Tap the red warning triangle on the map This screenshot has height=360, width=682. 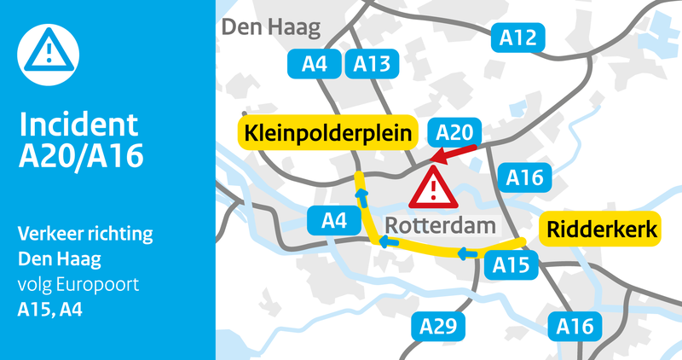pyautogui.click(x=434, y=187)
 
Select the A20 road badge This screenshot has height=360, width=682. pyautogui.click(x=454, y=132)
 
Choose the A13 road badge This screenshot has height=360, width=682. pyautogui.click(x=372, y=62)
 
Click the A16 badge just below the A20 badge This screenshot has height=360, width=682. pyautogui.click(x=524, y=177)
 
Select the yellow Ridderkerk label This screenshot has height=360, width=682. pyautogui.click(x=602, y=230)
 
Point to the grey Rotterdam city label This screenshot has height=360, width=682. pyautogui.click(x=441, y=227)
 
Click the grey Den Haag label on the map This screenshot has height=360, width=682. pyautogui.click(x=271, y=28)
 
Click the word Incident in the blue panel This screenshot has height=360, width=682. pyautogui.click(x=78, y=125)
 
